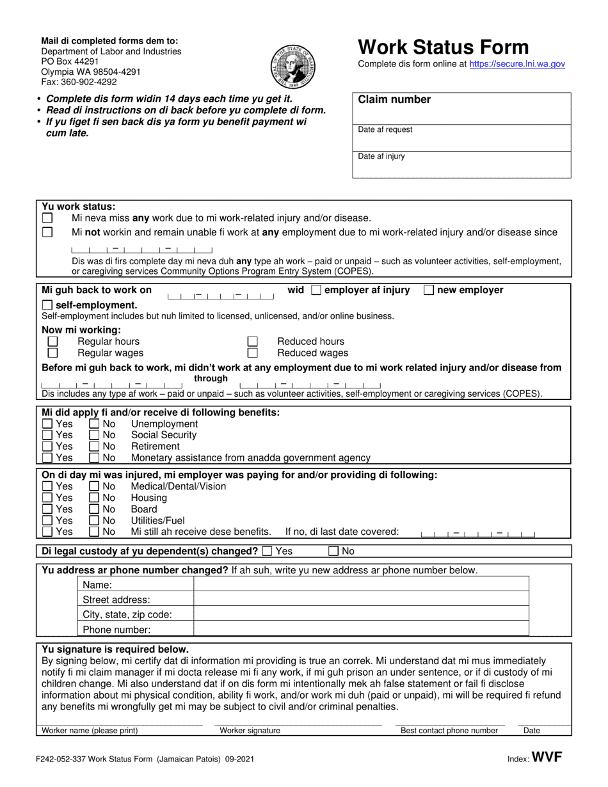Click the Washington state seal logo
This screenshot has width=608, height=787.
[x=291, y=67]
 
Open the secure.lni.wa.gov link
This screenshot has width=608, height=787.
[x=517, y=64]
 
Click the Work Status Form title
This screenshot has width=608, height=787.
[x=443, y=47]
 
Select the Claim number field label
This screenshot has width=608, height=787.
[x=394, y=100]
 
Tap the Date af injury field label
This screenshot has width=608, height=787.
[x=381, y=156]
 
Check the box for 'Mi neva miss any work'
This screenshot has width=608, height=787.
[x=47, y=218]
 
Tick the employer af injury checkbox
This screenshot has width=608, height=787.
[x=316, y=290]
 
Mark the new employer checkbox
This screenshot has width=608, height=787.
[x=429, y=290]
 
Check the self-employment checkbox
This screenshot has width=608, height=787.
[x=47, y=305]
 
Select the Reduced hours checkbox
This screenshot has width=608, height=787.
[x=253, y=342]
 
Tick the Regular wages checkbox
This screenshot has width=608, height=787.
[x=53, y=353]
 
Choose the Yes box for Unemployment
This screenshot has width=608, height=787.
[x=47, y=424]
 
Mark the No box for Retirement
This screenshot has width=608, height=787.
[x=94, y=447]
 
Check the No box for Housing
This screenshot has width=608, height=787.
[x=94, y=498]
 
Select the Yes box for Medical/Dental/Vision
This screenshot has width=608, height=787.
[x=47, y=486]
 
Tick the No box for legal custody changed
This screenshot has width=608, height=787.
[x=333, y=551]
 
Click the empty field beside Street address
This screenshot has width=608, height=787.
[x=361, y=600]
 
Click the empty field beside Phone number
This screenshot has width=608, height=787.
[x=361, y=630]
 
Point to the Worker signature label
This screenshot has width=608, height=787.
[x=250, y=731]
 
